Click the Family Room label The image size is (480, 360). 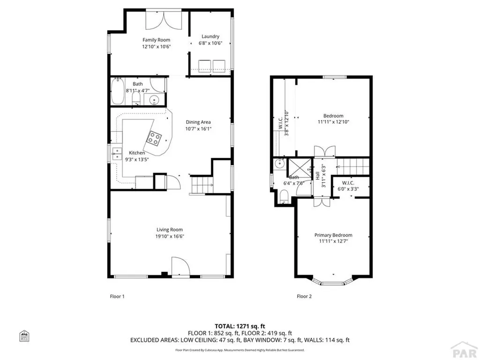coord(156,40)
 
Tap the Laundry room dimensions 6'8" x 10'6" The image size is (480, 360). coord(210,43)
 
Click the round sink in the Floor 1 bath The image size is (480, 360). coord(155,99)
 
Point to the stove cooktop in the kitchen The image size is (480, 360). coord(155,138)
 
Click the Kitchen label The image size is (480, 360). coord(137,153)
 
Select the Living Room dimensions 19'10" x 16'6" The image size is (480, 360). coord(169,237)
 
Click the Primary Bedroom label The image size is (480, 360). coord(333,235)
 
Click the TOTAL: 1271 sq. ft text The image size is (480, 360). coord(240,326)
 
